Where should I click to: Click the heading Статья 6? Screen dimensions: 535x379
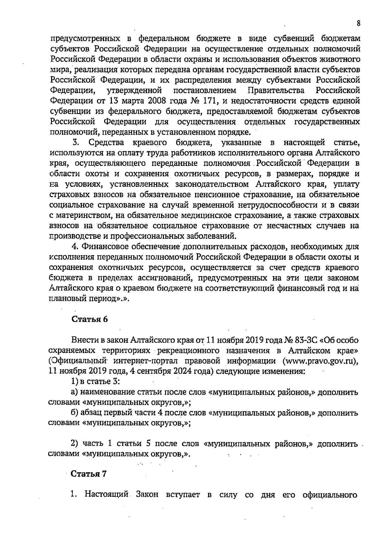click(90, 319)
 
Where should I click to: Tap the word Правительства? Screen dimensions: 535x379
click(276, 91)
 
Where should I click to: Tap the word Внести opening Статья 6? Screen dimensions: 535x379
click(84, 340)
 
